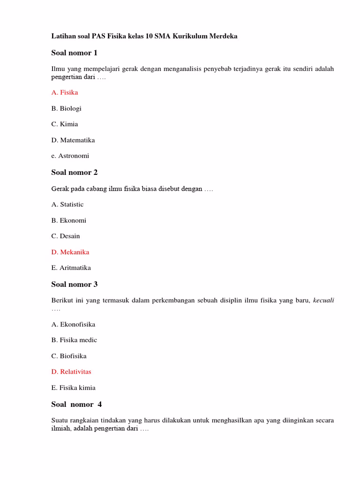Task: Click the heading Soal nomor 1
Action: pyautogui.click(x=74, y=53)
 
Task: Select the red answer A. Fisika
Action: pyautogui.click(x=65, y=92)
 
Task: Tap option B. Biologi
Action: pyautogui.click(x=66, y=108)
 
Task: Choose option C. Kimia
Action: pyautogui.click(x=65, y=124)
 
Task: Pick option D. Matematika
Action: pyautogui.click(x=73, y=140)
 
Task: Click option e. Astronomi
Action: pyautogui.click(x=70, y=156)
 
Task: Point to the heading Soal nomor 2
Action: pyautogui.click(x=74, y=172)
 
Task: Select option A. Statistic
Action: pyautogui.click(x=67, y=204)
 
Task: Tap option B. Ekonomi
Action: pyautogui.click(x=68, y=220)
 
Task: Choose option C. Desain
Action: pyautogui.click(x=66, y=236)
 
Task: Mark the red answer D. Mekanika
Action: pyautogui.click(x=70, y=252)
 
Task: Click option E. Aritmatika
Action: pyautogui.click(x=71, y=268)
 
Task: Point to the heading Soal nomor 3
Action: pyautogui.click(x=74, y=285)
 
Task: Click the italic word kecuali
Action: pyautogui.click(x=323, y=300)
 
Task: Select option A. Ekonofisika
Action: pyautogui.click(x=73, y=324)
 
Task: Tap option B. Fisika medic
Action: pyautogui.click(x=74, y=340)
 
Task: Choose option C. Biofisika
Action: pyautogui.click(x=69, y=356)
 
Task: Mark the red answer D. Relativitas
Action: pyautogui.click(x=71, y=372)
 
